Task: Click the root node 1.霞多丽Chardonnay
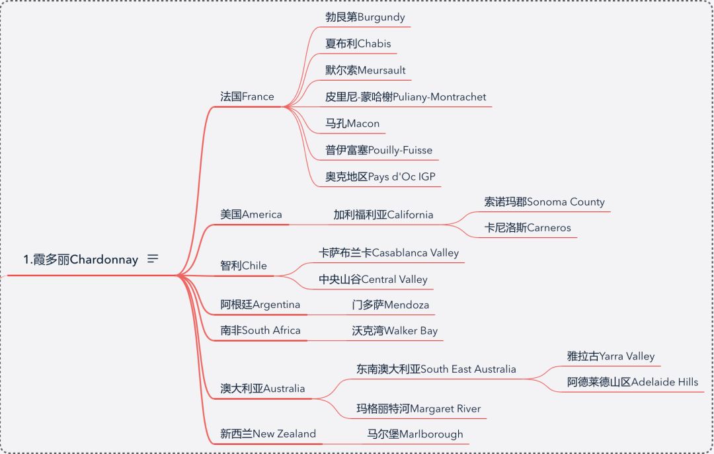tap(81, 260)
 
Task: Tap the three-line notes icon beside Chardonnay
tap(153, 259)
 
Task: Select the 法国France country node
tap(247, 96)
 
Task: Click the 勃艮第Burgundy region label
tap(365, 17)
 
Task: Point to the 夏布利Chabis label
tap(358, 44)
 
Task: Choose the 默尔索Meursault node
tap(365, 70)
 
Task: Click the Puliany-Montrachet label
tap(405, 96)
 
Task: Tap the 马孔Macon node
tap(352, 124)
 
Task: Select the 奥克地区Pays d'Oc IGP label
tap(379, 176)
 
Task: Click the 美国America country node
tap(251, 214)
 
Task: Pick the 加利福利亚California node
tap(383, 214)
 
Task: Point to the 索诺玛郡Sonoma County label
tap(544, 202)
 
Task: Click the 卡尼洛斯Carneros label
tap(527, 228)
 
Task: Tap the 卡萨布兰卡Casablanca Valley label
tap(388, 252)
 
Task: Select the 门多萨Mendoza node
tap(390, 305)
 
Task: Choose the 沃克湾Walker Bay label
tap(395, 330)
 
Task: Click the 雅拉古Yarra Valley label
tap(610, 356)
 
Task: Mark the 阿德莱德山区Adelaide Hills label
tap(632, 382)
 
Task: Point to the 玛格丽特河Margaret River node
tap(418, 408)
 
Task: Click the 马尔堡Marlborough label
tap(415, 434)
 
